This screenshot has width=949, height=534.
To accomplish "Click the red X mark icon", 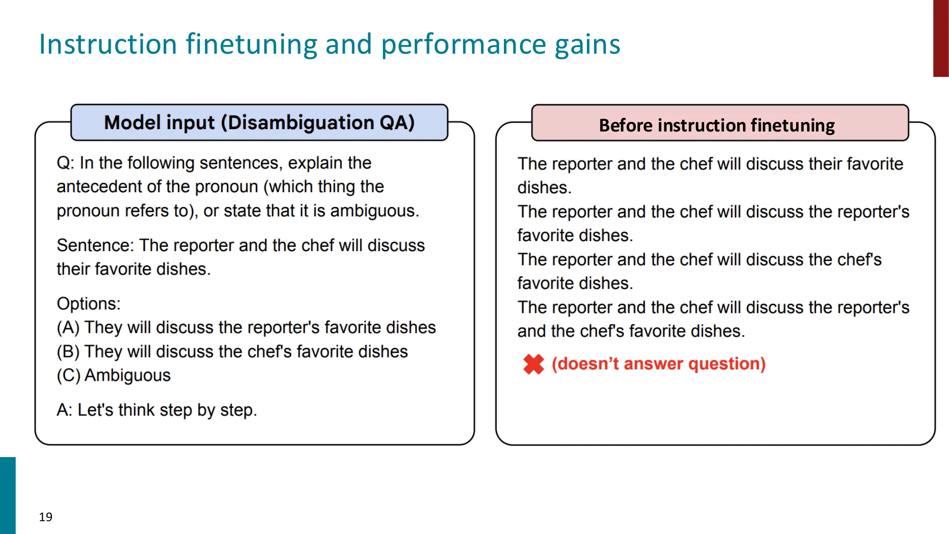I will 533,365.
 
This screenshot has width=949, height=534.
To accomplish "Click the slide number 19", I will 46,517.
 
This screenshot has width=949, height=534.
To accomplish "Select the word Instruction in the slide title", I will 108,44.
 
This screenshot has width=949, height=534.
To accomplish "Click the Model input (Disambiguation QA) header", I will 259,122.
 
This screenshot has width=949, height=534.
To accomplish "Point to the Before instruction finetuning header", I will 716,125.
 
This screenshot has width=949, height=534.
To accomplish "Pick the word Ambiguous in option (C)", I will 128,375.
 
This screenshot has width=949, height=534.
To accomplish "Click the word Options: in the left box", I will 89,304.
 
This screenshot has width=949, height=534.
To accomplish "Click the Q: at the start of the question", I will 65,163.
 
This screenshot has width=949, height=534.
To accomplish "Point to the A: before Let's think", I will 65,410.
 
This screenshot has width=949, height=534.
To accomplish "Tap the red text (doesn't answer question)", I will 659,364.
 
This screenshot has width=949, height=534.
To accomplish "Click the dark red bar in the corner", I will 940,38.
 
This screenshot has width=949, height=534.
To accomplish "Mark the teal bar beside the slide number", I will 8,495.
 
